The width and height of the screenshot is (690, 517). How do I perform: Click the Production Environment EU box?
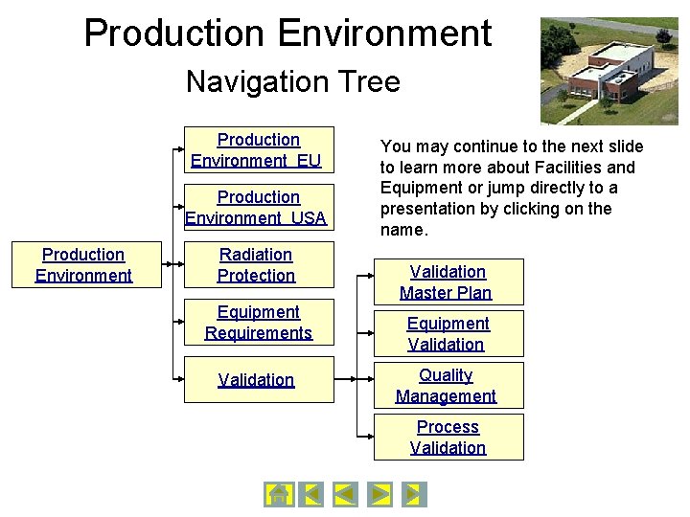259,150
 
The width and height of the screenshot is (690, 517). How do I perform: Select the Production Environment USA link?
259,208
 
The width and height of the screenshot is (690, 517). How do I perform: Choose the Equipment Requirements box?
259,323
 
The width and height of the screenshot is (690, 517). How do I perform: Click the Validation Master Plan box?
447,282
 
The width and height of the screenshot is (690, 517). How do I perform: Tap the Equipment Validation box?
447,334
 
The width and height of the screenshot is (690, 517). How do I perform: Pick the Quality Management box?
447,386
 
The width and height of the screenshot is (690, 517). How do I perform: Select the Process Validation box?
447,438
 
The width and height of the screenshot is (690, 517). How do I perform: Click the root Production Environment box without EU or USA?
83,265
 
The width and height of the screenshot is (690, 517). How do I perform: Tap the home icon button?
278,494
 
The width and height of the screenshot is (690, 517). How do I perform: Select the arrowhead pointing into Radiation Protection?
179,265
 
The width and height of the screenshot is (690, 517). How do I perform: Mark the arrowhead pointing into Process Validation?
369,438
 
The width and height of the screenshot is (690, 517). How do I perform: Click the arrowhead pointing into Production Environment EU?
179,150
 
